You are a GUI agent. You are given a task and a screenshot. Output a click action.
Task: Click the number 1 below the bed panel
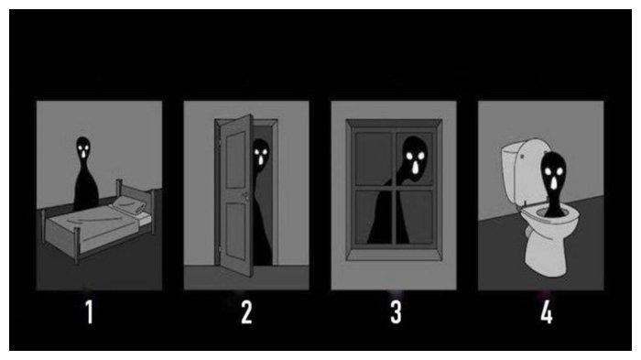tap(90, 312)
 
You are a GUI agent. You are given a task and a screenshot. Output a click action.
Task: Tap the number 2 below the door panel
tap(246, 312)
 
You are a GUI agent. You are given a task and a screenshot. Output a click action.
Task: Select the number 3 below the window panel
tap(396, 312)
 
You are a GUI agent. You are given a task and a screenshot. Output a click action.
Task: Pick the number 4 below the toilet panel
tap(547, 312)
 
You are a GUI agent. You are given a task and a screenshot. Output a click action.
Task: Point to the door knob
tap(245, 195)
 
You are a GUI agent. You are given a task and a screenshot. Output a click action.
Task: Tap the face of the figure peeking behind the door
tap(261, 152)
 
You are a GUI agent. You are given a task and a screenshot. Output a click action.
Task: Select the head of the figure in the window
tap(415, 157)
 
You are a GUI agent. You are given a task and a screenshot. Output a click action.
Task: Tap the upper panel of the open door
tap(236, 159)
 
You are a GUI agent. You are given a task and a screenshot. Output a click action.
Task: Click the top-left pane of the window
tap(374, 158)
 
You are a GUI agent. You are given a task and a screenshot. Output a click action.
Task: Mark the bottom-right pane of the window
tap(415, 218)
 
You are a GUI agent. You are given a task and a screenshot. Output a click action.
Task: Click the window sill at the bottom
tap(394, 254)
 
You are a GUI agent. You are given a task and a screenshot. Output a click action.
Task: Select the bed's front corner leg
tap(76, 246)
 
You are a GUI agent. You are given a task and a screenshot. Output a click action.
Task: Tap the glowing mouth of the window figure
tap(416, 168)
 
